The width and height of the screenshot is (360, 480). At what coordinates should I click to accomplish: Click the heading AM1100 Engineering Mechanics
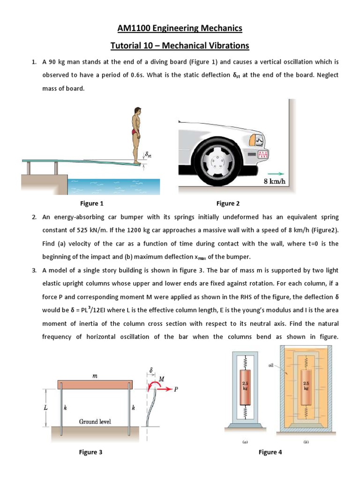click(180, 29)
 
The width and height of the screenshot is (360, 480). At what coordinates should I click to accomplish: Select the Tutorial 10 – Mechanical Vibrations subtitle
click(180, 45)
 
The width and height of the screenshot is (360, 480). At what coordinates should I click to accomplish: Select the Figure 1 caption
click(92, 203)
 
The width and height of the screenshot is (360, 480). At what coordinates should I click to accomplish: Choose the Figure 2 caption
click(228, 203)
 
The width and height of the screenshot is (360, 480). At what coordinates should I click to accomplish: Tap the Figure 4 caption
click(270, 452)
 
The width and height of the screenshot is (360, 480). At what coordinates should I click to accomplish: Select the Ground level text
click(95, 421)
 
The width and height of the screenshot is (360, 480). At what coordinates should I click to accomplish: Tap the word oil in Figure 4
click(271, 366)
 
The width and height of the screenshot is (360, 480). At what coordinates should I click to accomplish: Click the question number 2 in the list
click(34, 218)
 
